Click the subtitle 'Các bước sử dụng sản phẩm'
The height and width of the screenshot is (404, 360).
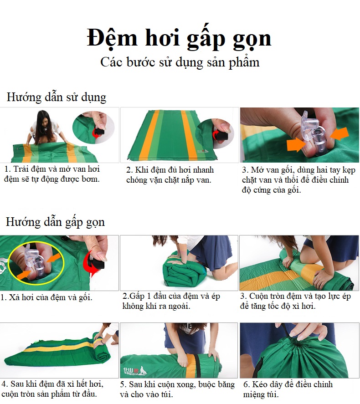[x=180, y=62]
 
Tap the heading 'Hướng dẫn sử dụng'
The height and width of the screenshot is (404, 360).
[x=57, y=97]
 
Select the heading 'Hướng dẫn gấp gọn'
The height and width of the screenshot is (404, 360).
[x=56, y=222]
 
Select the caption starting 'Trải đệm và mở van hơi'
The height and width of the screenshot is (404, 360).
[x=52, y=174]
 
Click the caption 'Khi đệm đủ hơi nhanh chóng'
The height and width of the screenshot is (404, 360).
[x=170, y=175]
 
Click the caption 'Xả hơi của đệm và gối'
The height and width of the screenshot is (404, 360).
[x=46, y=297]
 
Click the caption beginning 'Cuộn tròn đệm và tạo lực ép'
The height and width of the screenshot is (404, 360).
[x=295, y=301]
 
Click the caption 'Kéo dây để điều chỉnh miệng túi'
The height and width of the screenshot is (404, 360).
[x=288, y=389]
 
